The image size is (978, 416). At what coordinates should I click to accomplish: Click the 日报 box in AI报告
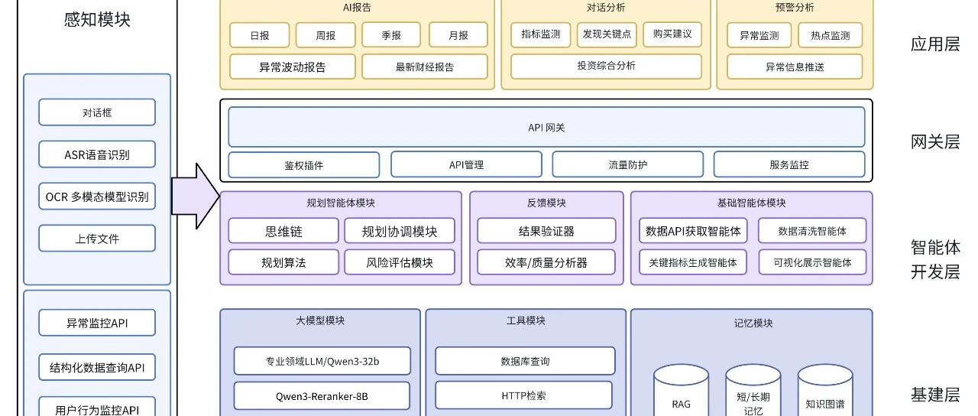pyautogui.click(x=260, y=35)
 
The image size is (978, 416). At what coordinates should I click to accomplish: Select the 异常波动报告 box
pyautogui.click(x=293, y=67)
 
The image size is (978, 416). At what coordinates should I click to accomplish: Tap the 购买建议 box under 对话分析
pyautogui.click(x=672, y=34)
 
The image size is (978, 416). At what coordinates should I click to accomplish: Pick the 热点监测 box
pyautogui.click(x=830, y=35)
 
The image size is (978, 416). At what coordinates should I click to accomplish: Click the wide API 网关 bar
pyautogui.click(x=546, y=127)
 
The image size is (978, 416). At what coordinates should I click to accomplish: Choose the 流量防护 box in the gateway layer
pyautogui.click(x=627, y=164)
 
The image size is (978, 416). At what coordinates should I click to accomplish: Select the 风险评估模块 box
pyautogui.click(x=399, y=262)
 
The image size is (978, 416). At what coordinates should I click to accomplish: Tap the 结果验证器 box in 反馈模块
pyautogui.click(x=546, y=231)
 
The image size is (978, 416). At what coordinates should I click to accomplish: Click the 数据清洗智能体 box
pyautogui.click(x=812, y=231)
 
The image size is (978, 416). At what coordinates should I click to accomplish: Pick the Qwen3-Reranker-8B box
pyautogui.click(x=322, y=396)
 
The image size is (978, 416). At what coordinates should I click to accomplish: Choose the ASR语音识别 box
pyautogui.click(x=97, y=154)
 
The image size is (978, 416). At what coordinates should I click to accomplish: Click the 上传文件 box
pyautogui.click(x=97, y=239)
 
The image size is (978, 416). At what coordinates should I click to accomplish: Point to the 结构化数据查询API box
pyautogui.click(x=97, y=367)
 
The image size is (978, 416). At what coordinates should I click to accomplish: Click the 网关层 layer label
pyautogui.click(x=935, y=141)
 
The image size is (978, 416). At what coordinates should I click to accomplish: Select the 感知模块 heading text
pyautogui.click(x=97, y=20)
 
